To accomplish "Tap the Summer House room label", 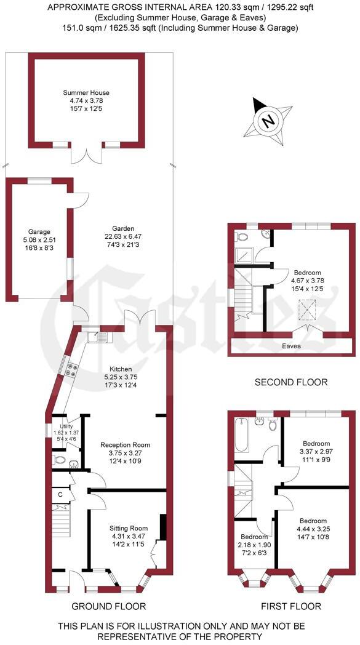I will coord(86,93).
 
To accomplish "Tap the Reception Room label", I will coord(125,444).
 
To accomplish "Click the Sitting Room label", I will coord(129,528).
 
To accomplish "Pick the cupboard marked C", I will coord(60,494).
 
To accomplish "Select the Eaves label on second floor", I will coord(292,346).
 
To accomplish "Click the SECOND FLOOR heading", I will coord(291,383).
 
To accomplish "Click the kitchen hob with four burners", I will coord(70,371).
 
